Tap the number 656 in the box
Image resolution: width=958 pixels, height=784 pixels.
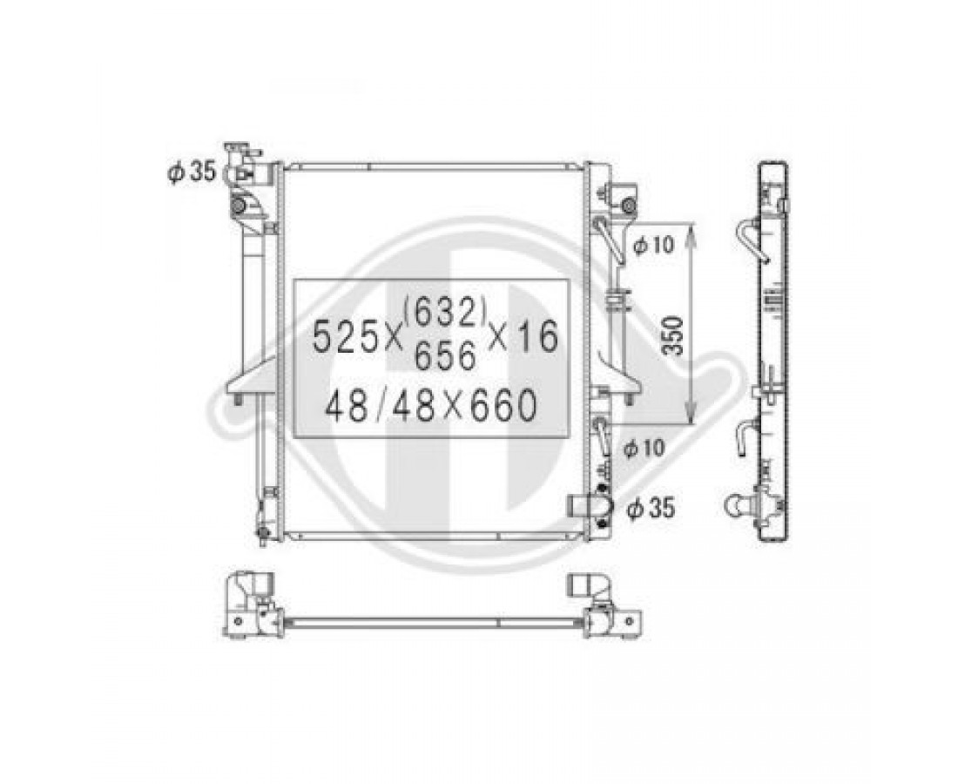(x=444, y=355)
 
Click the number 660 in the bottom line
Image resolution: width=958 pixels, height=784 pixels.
(x=503, y=406)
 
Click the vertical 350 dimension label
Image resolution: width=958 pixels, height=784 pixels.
(x=672, y=335)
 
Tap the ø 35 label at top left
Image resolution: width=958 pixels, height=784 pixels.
(x=192, y=172)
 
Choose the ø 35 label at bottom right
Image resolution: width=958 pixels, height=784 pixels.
(x=652, y=507)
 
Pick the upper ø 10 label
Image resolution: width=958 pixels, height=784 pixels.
(x=653, y=245)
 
